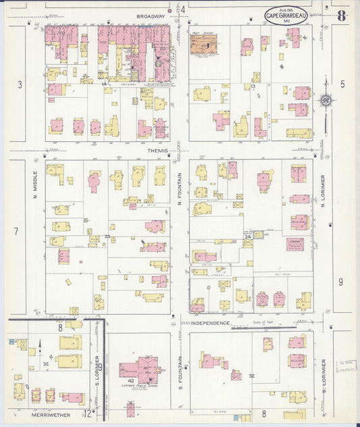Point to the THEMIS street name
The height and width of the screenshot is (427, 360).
148,151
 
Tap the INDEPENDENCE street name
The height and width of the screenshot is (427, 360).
210,324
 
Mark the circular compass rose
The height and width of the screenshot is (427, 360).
327,101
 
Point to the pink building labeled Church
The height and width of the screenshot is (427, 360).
294,244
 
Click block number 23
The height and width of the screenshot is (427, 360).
107,236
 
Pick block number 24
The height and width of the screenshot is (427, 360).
248,236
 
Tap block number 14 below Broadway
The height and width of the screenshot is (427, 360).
105,84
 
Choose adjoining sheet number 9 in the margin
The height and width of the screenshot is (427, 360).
341,282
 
